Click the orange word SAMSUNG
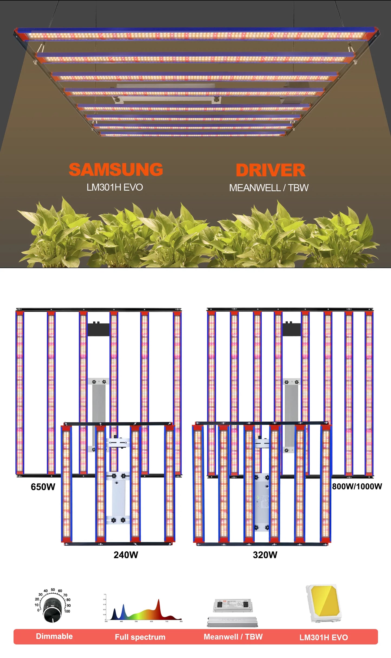116,170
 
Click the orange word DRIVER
270,170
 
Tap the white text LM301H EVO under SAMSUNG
115,187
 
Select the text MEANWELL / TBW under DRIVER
269,188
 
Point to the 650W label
43,487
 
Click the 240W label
126,555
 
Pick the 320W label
265,555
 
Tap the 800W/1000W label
357,486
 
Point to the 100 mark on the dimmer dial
67,611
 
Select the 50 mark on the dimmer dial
53,589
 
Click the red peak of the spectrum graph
159,605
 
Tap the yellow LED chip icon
323,603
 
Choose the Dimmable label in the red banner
54,636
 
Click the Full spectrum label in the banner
140,637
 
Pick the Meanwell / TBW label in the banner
233,637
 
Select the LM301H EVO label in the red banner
323,637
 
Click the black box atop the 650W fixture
98,330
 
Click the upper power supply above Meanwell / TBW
233,605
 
